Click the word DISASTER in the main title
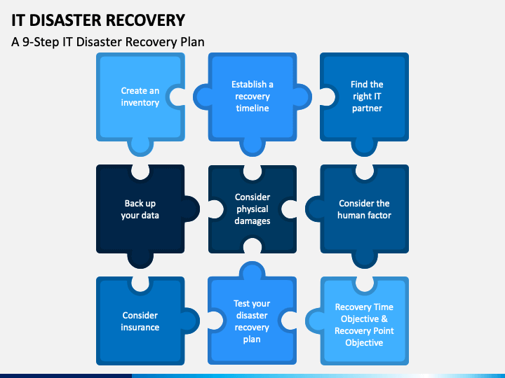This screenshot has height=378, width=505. [65, 20]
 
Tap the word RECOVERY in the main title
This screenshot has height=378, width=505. [145, 20]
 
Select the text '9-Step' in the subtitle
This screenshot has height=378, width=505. [41, 42]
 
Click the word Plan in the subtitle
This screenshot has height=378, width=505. [192, 42]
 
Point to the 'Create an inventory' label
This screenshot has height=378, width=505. [140, 97]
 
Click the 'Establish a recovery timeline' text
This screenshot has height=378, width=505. [252, 96]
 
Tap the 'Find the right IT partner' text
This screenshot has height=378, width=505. [367, 96]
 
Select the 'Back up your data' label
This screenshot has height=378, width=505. [140, 209]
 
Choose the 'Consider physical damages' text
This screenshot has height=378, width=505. [252, 209]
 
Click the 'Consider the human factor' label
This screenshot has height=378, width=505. [364, 209]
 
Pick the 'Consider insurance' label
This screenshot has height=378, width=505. [140, 321]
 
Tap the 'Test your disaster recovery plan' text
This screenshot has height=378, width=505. [252, 321]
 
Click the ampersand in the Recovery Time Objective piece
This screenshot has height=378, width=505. [384, 319]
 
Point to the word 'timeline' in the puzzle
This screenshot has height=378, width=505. [252, 108]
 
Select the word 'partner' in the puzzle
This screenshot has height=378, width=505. [367, 108]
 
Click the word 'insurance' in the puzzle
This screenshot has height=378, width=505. [140, 327]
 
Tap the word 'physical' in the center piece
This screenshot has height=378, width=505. [252, 209]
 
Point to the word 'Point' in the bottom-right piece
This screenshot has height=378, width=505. [383, 330]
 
